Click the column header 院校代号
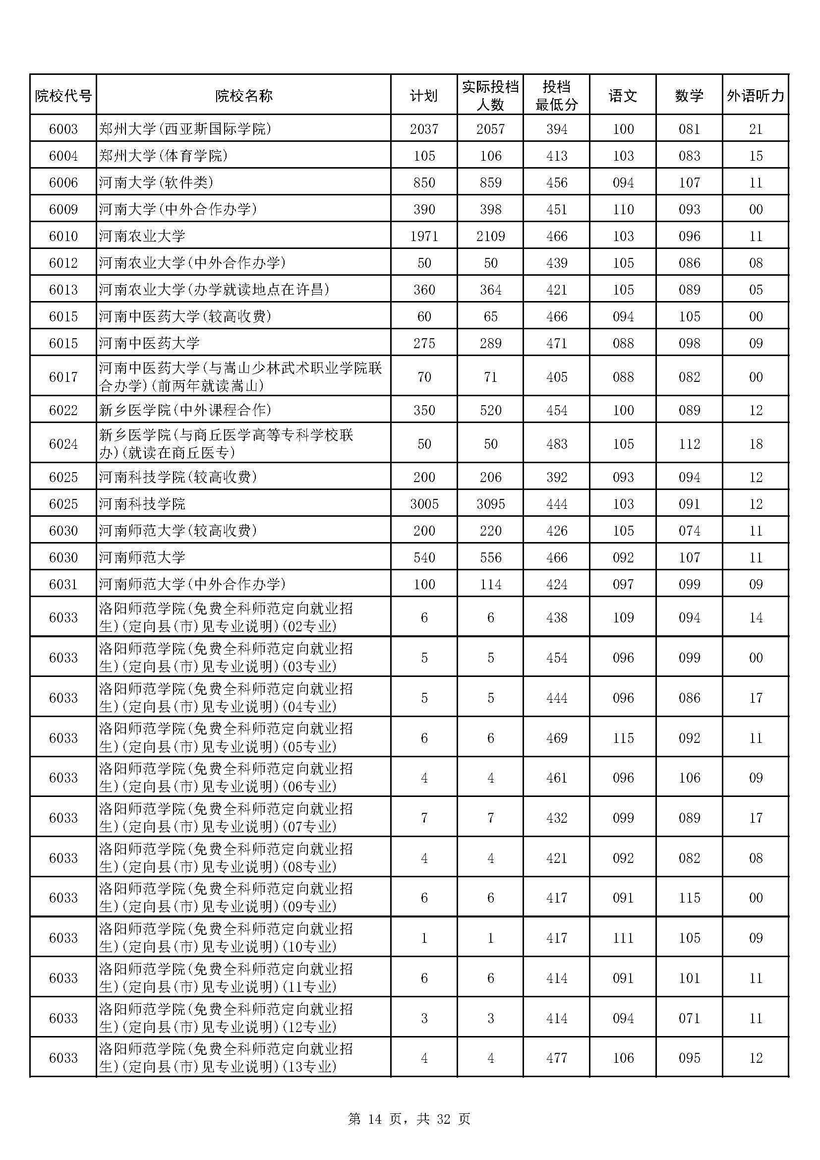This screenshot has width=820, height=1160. tap(63, 95)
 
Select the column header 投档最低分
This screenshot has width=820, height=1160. tap(556, 95)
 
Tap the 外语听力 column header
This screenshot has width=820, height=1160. tap(756, 95)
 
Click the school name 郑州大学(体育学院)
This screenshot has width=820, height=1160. tap(164, 156)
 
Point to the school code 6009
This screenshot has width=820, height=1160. tap(63, 209)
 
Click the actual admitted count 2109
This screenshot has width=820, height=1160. tap(490, 236)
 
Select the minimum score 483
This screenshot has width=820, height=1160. tap(556, 443)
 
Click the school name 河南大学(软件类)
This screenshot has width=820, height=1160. tap(157, 183)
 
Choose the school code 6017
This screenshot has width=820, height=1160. tap(63, 376)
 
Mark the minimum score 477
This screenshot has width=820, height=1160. tap(556, 1057)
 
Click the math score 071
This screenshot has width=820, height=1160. tap(689, 1018)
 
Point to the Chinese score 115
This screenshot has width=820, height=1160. tap(623, 737)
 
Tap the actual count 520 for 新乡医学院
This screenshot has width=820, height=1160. tap(490, 410)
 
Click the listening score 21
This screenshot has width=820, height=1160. tap(756, 129)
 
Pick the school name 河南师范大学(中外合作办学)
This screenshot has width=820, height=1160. tap(192, 584)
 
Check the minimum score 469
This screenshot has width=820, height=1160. tap(556, 737)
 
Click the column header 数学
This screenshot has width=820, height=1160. tap(689, 95)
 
